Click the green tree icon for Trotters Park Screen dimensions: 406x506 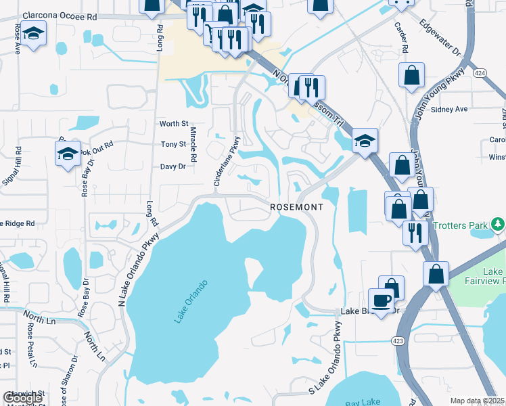498,223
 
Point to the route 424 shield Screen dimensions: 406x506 480,74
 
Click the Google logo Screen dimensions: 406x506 22,398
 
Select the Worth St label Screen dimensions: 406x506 174,124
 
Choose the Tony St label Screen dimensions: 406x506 173,145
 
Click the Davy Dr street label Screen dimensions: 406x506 172,166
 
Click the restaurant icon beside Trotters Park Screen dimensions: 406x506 415,233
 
